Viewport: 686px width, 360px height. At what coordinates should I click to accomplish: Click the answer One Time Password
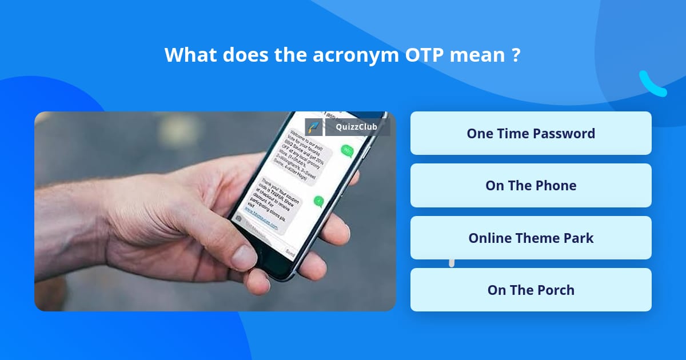point(531,133)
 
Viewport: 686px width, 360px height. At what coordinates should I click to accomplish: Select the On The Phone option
point(531,185)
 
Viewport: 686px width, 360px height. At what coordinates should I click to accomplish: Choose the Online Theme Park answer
point(531,238)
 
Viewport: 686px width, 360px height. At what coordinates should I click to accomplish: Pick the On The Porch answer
point(531,290)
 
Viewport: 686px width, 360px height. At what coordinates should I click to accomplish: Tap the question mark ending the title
point(516,55)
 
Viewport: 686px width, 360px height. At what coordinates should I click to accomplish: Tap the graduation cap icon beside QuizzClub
point(314,127)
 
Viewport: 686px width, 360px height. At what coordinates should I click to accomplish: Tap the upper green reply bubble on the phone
point(346,151)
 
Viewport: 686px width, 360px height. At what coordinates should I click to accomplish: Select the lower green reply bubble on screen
point(318,201)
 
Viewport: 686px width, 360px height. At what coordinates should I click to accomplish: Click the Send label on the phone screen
point(290,250)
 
